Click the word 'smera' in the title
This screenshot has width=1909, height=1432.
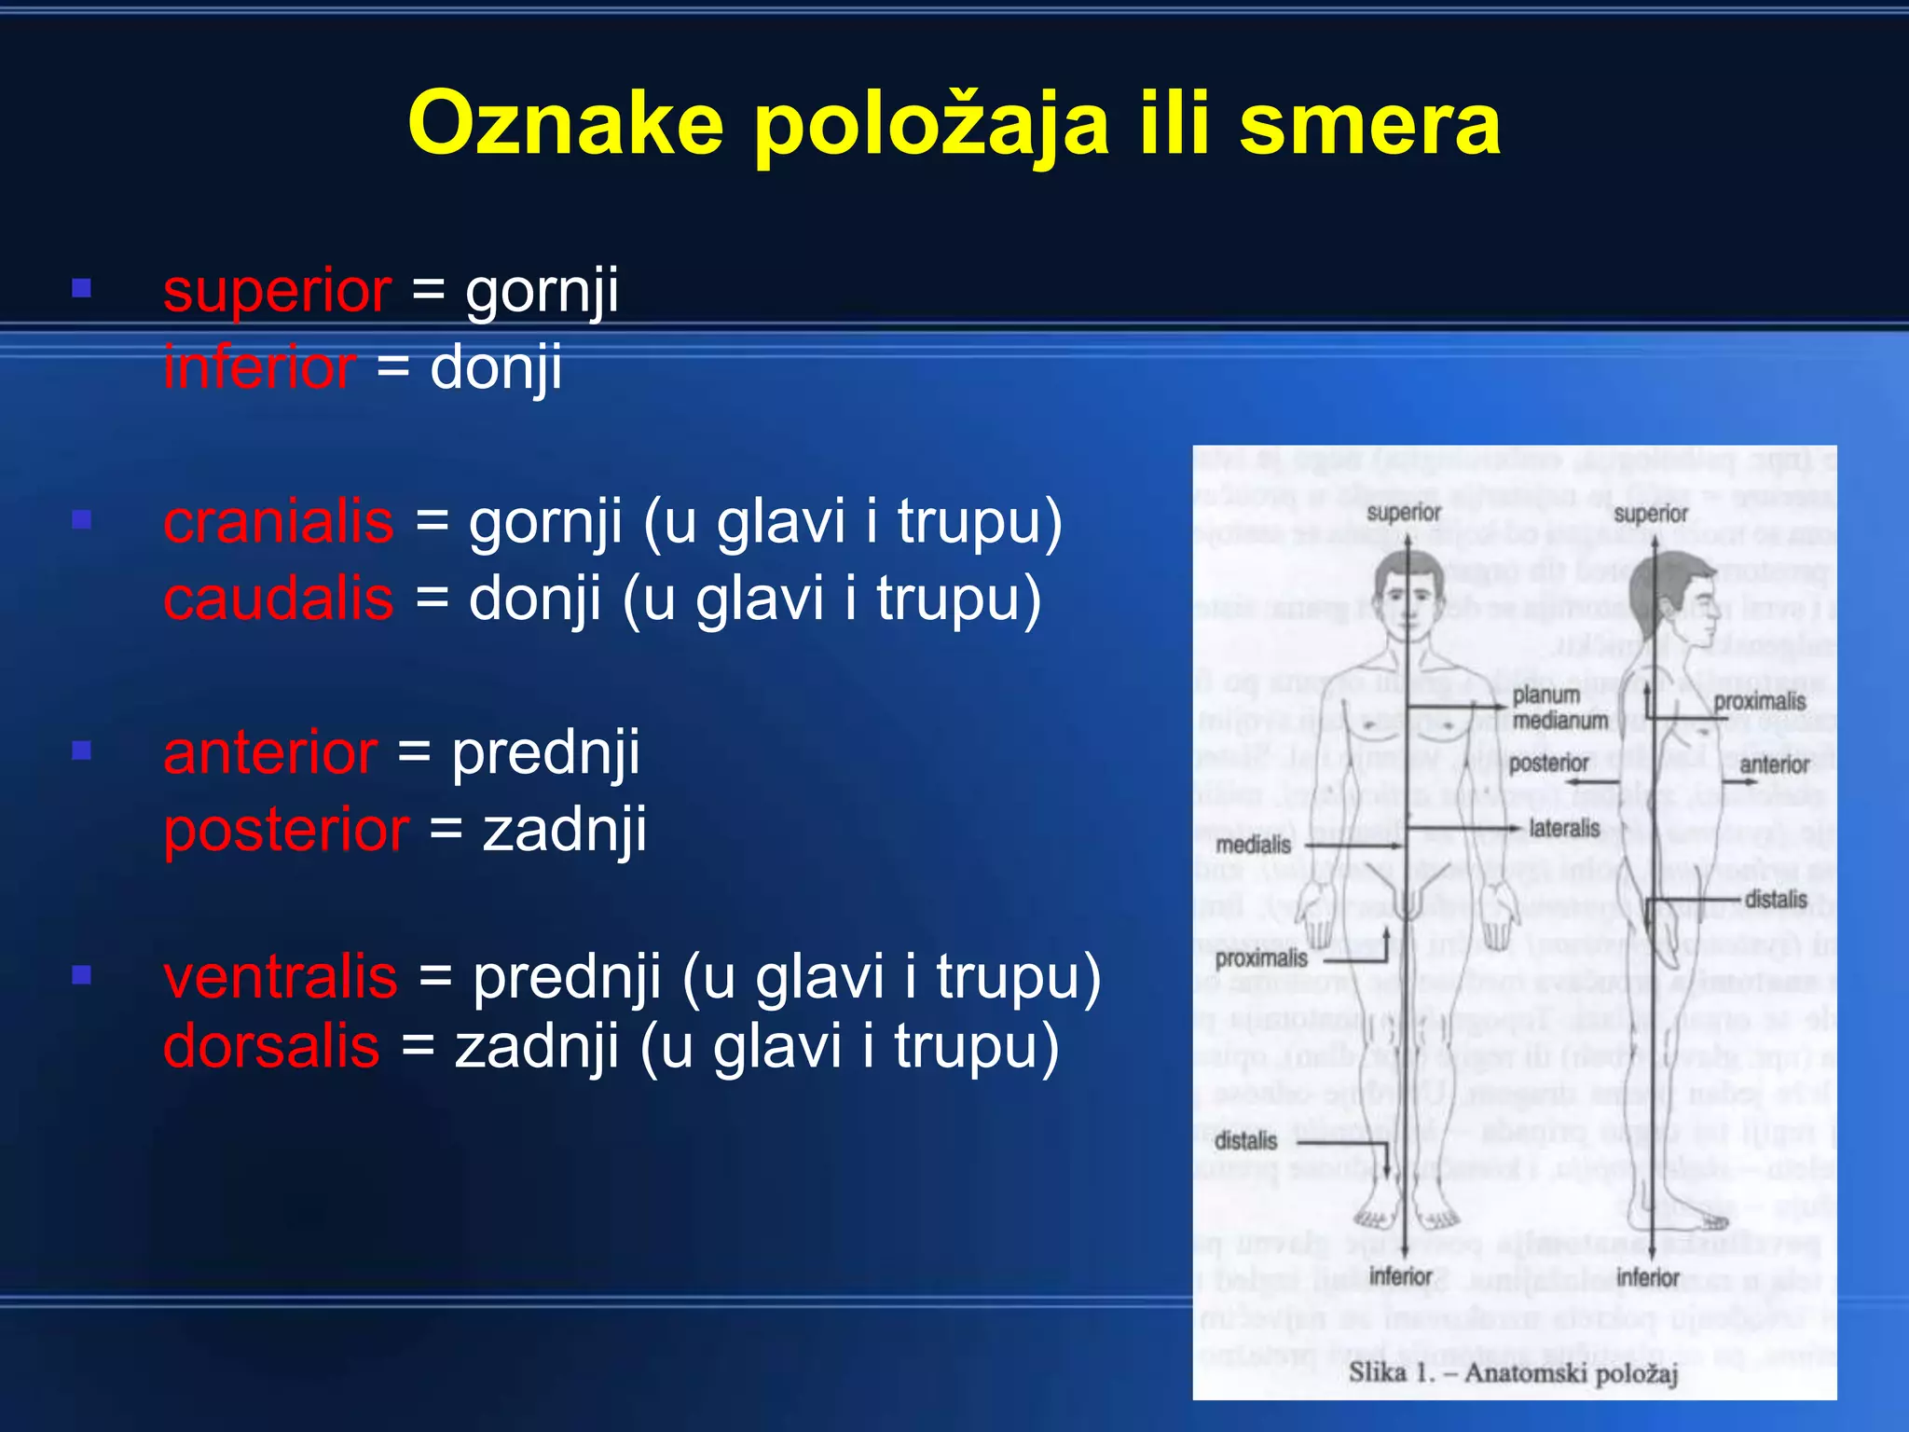pyautogui.click(x=1369, y=124)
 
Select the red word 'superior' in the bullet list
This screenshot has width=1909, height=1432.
pyautogui.click(x=277, y=291)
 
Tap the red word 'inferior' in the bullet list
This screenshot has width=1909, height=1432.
pyautogui.click(x=259, y=366)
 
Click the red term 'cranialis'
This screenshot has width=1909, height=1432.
pyautogui.click(x=278, y=521)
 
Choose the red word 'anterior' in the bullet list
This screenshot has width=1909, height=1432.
pyautogui.click(x=270, y=752)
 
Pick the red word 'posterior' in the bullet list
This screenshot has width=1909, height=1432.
pyautogui.click(x=286, y=829)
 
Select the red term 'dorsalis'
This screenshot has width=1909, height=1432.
pyautogui.click(x=271, y=1046)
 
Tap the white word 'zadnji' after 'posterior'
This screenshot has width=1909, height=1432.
pyautogui.click(x=565, y=829)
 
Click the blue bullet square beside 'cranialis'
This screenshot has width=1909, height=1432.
pyautogui.click(x=82, y=519)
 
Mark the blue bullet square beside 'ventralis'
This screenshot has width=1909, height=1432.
pyautogui.click(x=82, y=975)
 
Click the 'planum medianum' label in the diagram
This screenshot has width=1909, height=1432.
pyautogui.click(x=1559, y=708)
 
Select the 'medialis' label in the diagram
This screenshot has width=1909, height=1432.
pyautogui.click(x=1253, y=845)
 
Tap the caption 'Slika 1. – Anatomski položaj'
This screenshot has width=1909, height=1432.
pyautogui.click(x=1513, y=1372)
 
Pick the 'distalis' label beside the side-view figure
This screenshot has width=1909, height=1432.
pyautogui.click(x=1776, y=900)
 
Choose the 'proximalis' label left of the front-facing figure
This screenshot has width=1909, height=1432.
pyautogui.click(x=1261, y=958)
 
